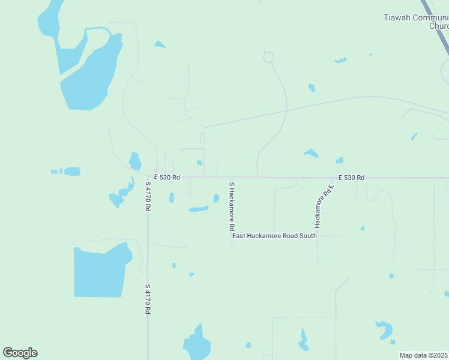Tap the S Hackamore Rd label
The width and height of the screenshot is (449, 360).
[231, 207]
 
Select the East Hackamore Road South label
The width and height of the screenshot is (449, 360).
[274, 236]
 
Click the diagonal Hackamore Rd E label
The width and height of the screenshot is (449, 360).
[324, 206]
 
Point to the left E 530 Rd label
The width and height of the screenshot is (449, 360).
[167, 178]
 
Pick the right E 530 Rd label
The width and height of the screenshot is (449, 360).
[351, 178]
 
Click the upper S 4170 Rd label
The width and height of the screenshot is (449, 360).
[148, 197]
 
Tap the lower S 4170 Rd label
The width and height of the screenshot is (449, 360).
[148, 299]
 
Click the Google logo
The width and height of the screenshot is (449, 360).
[20, 353]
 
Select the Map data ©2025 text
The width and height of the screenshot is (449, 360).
[423, 355]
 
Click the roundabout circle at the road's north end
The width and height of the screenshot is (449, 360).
[268, 58]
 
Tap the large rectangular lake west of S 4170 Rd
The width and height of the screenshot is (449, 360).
[100, 271]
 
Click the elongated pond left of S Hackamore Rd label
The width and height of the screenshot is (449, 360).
[198, 209]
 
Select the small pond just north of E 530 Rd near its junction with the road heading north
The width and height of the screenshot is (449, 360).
[199, 163]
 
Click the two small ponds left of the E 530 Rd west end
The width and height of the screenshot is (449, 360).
[67, 172]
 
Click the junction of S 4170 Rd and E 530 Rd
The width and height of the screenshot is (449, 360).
[148, 178]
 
